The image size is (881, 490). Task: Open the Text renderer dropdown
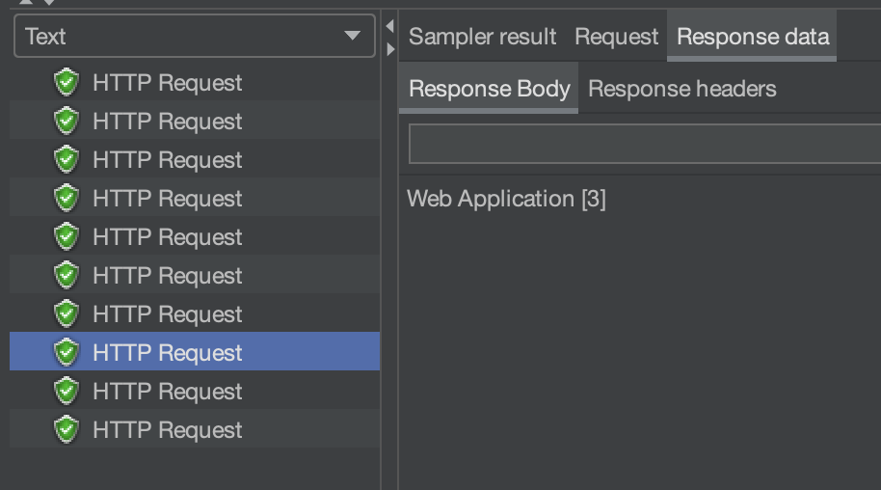pos(193,37)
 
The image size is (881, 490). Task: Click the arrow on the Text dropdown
pos(352,37)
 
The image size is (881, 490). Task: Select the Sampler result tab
pos(482,37)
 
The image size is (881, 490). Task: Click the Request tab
pos(616,37)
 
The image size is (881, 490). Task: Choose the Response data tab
pos(753,37)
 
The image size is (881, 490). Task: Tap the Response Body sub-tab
pos(489,89)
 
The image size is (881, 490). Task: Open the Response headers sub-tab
pos(681,89)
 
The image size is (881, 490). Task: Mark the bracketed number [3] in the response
pos(594,199)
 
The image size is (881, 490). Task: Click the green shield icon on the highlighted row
pos(66,352)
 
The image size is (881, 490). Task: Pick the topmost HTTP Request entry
pos(167,83)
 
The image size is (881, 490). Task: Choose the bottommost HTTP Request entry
pos(167,430)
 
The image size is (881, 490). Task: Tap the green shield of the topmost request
pos(66,82)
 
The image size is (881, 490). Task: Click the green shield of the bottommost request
pos(66,429)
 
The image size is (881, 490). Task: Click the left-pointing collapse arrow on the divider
pos(389,26)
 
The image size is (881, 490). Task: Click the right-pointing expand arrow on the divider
pos(389,48)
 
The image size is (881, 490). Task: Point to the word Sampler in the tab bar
pos(445,37)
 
